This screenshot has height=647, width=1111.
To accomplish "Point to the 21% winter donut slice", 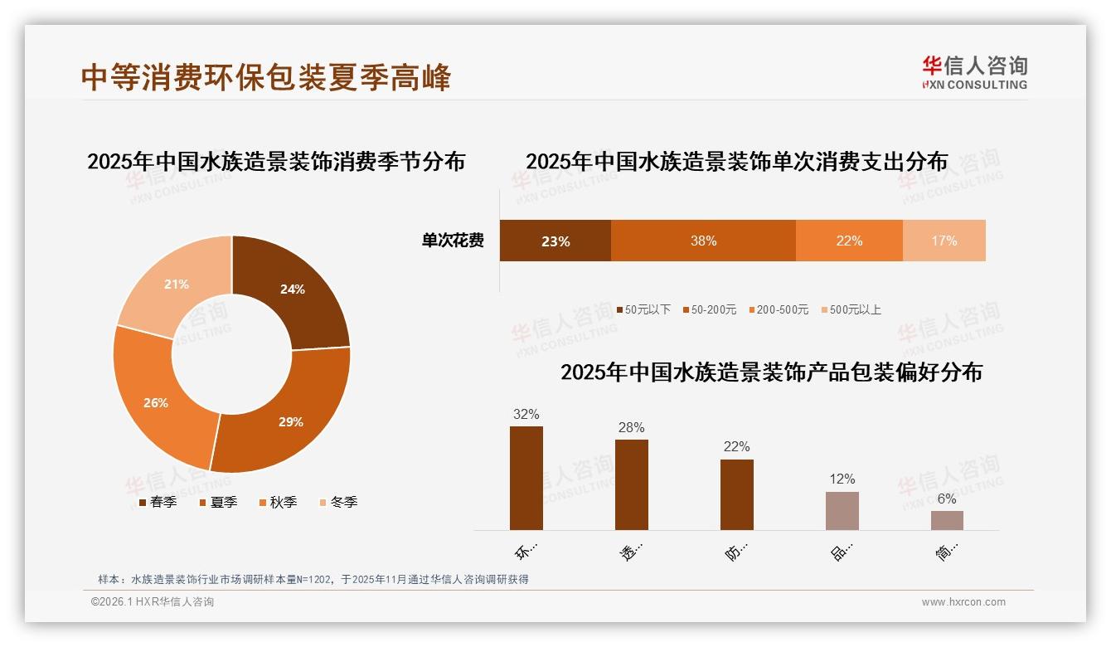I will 176,284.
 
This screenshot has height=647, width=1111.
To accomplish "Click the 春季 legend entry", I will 157,502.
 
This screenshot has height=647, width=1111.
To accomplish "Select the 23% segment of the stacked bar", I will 555,241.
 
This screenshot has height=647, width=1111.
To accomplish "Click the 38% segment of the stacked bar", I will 703,241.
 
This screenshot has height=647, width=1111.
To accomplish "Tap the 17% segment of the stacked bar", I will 944,241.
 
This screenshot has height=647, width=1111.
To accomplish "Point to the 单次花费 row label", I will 453,241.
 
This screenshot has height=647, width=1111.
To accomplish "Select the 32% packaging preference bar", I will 526,478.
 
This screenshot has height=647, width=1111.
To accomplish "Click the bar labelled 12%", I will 842,510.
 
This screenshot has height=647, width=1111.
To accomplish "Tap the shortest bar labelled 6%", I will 947,520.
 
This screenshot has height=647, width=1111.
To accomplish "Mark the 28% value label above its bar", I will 631,428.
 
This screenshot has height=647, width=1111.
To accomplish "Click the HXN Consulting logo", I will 974,73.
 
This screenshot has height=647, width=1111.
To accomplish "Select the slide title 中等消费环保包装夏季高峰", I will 266,77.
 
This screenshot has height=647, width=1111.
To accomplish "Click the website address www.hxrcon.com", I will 963,602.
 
